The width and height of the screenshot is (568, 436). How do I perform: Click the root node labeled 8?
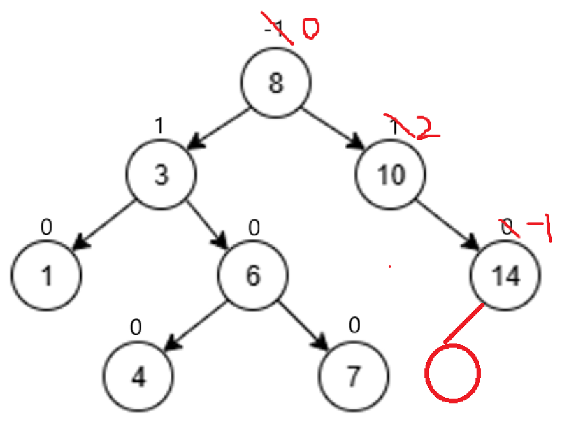(276, 84)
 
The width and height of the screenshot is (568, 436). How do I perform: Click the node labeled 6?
(252, 276)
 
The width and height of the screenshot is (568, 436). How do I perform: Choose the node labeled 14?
(506, 276)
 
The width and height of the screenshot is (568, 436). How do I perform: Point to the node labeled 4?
(138, 377)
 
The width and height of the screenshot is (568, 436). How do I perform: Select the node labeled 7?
(354, 377)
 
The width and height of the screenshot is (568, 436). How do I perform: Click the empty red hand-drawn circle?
(453, 374)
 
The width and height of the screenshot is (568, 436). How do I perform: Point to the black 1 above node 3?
(158, 126)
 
